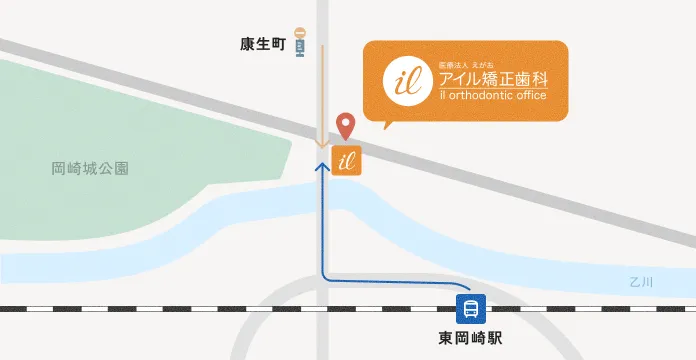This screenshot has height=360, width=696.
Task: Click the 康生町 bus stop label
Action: tap(264, 45)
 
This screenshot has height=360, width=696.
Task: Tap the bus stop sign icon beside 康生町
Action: tap(300, 43)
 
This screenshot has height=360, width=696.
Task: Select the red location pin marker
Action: tap(346, 125)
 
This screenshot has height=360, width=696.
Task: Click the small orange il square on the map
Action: tap(346, 160)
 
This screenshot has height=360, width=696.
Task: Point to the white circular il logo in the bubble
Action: tap(404, 79)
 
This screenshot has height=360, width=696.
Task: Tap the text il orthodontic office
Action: tap(491, 95)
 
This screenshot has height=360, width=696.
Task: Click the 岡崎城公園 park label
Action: tap(90, 170)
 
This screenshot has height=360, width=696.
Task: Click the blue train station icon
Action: tap(470, 307)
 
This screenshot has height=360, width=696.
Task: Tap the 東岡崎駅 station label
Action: tap(470, 338)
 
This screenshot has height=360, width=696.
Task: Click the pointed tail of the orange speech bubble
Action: tap(385, 125)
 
